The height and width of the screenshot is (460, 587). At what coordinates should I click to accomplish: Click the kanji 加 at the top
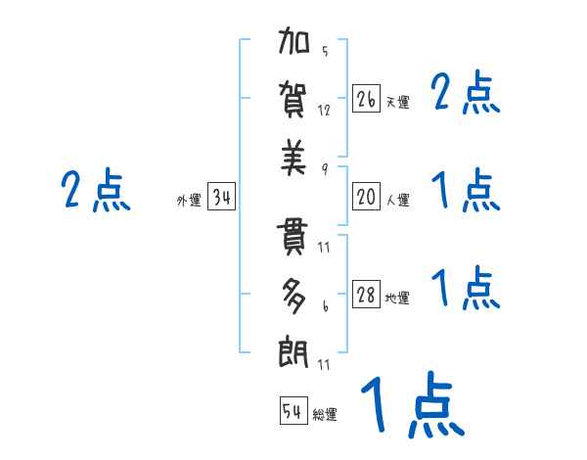pos(294,43)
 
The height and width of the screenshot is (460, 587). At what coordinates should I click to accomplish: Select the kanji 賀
pos(294,100)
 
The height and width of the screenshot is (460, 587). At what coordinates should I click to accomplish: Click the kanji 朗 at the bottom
pos(294,352)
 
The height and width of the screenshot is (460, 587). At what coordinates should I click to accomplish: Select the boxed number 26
pos(366,99)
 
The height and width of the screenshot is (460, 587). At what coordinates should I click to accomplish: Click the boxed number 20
pos(366,197)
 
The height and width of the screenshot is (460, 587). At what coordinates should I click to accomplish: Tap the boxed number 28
pos(366,295)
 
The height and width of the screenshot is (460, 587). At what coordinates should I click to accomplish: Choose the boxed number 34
pos(222,198)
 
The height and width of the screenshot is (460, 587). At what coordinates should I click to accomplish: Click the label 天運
pos(397,102)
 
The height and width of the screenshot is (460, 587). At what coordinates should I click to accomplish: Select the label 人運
pos(397,200)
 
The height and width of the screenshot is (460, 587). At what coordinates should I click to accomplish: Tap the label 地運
pos(397,298)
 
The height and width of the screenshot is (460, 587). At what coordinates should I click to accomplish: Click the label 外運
pos(189,201)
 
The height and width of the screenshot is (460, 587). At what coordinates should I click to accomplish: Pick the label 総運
pos(325,414)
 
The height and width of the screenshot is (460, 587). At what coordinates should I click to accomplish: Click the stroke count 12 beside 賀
pos(325,110)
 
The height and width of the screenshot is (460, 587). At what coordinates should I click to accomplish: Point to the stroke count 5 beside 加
pos(325,52)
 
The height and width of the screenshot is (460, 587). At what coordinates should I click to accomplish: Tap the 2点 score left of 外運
pos(95,190)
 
